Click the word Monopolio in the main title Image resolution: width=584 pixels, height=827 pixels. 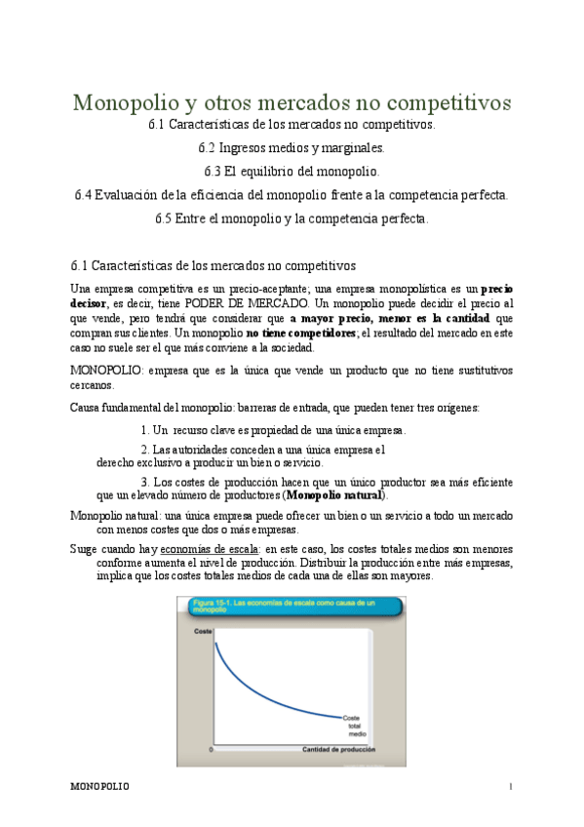point(125,102)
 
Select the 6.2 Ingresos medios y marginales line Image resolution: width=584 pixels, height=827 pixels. point(292,148)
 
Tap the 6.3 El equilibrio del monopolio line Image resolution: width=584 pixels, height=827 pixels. point(292,172)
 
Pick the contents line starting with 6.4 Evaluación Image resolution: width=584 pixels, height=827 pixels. point(292,195)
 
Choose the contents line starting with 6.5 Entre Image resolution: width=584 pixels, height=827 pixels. point(292,218)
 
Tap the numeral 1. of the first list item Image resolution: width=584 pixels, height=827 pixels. point(145,430)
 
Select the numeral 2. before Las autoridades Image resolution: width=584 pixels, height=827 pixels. point(145,450)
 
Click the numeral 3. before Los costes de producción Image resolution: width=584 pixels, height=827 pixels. point(145,482)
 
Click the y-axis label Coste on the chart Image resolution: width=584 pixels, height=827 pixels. point(203,632)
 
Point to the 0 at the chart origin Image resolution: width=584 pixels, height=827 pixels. point(212,749)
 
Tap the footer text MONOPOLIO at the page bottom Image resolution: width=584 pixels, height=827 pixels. point(101,786)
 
